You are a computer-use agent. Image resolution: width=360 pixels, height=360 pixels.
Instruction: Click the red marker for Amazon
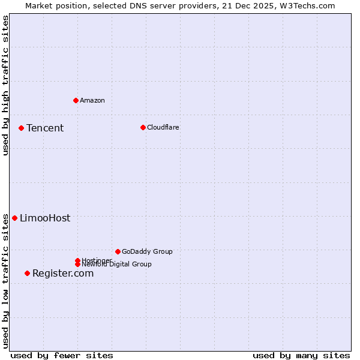76,100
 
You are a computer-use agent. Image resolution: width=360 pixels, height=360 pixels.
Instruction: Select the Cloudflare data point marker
143,127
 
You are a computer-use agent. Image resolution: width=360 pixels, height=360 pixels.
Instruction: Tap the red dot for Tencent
21,128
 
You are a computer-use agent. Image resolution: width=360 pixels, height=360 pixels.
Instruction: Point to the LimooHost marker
14,218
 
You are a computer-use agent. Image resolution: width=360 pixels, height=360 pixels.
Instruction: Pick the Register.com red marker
27,273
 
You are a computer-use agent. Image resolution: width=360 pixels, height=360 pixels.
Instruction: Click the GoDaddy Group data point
118,251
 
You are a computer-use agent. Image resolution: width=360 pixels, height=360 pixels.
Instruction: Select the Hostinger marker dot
77,260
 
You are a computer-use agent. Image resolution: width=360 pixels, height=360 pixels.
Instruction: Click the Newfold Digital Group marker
77,265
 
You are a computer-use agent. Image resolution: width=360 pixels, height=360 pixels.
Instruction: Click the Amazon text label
92,100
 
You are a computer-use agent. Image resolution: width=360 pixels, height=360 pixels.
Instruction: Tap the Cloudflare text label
163,127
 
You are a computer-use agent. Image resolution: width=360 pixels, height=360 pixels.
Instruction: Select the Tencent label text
45,128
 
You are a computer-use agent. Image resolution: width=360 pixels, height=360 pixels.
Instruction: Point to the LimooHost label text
45,218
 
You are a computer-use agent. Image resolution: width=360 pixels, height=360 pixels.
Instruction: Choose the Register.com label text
63,273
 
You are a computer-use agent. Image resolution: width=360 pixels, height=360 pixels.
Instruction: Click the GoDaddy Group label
147,251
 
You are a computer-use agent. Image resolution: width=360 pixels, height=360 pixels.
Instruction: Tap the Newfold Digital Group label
117,265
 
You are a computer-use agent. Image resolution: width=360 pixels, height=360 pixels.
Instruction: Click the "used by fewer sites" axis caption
62,355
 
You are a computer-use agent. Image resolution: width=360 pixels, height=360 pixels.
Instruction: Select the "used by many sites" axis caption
301,355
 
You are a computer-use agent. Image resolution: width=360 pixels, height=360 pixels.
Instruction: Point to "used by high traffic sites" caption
5,85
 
